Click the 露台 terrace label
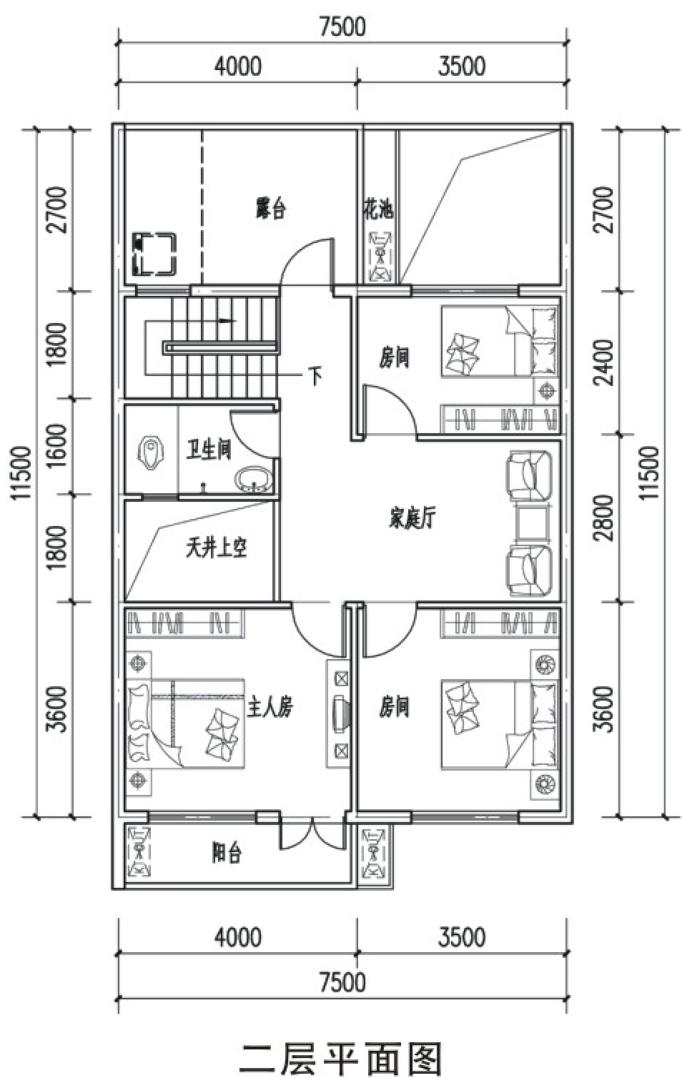pyautogui.click(x=270, y=209)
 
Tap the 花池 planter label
pyautogui.click(x=378, y=209)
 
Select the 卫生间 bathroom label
pyautogui.click(x=209, y=449)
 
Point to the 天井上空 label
pyautogui.click(x=217, y=548)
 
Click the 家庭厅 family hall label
pyautogui.click(x=412, y=519)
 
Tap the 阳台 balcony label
pyautogui.click(x=227, y=854)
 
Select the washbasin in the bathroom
pyautogui.click(x=254, y=478)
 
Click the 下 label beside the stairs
pyautogui.click(x=315, y=376)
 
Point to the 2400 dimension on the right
pyautogui.click(x=605, y=362)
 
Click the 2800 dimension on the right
pyautogui.click(x=605, y=518)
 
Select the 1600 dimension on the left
pyautogui.click(x=57, y=445)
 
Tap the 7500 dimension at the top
pyautogui.click(x=342, y=26)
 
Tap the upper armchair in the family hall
pyautogui.click(x=528, y=475)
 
